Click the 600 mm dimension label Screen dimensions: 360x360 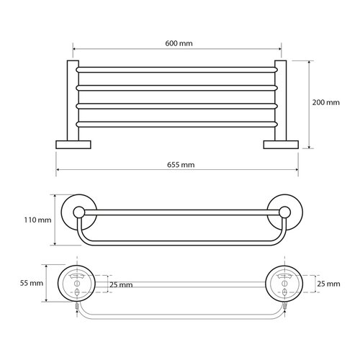coord(179,43)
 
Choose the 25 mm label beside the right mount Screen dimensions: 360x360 coord(328,284)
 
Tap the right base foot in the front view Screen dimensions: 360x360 coord(280,144)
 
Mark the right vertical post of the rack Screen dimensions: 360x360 coord(280,101)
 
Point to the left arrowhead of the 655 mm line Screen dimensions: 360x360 coord(58,171)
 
